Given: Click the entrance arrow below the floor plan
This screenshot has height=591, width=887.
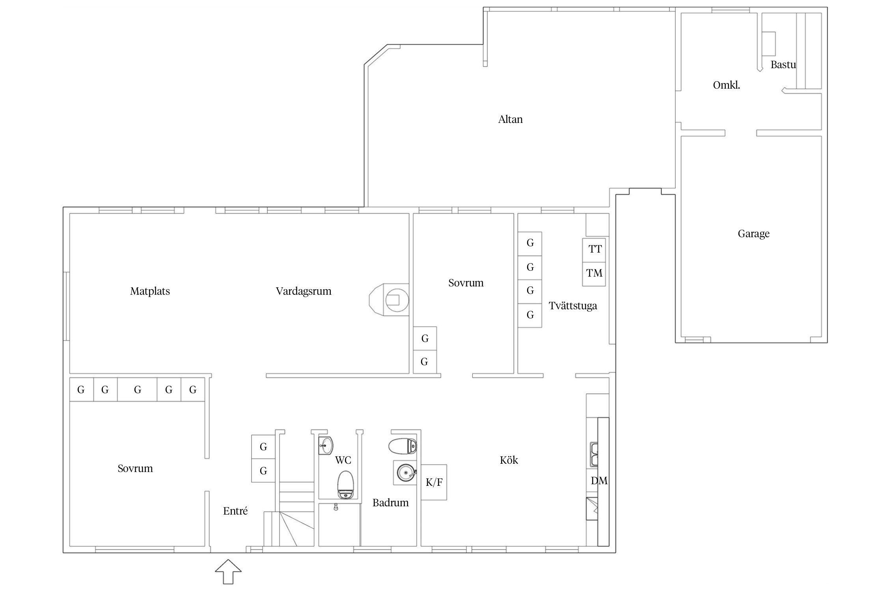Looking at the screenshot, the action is click(228, 571).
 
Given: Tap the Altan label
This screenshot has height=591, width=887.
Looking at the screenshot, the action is click(511, 119).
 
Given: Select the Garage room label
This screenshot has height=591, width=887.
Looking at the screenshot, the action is click(753, 234).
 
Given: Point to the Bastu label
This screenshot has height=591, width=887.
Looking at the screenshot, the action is click(783, 65).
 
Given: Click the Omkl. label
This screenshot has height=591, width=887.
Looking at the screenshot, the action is click(726, 85).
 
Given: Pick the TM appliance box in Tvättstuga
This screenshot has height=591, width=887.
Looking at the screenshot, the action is click(594, 274).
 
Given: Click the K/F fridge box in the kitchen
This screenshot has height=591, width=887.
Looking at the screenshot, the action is click(434, 482).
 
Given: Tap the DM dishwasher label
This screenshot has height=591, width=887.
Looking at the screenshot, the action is click(599, 481).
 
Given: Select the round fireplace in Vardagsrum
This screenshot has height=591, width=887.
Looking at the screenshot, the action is click(389, 300).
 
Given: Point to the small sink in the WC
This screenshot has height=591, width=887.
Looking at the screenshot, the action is click(326, 446).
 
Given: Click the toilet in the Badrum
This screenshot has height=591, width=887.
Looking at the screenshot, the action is click(403, 446).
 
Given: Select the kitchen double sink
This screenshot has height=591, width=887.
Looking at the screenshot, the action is click(594, 454).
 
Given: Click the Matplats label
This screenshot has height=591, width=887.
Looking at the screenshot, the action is click(150, 291).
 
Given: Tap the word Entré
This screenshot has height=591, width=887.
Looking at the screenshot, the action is click(235, 511).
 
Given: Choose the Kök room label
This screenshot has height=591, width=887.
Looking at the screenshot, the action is click(509, 460).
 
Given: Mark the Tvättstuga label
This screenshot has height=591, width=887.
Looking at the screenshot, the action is click(573, 306).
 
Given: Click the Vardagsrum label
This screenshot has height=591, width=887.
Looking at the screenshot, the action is click(304, 292).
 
